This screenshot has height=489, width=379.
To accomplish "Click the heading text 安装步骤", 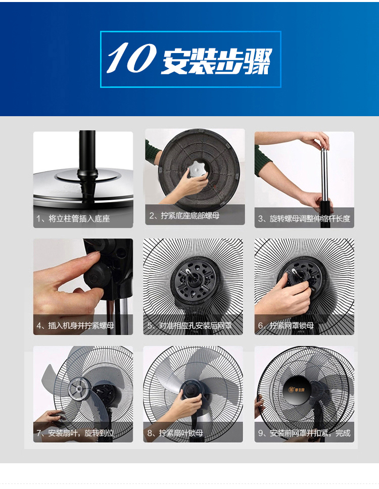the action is pyautogui.click(x=217, y=61).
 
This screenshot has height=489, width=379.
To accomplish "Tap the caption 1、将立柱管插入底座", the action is pyautogui.click(x=73, y=218).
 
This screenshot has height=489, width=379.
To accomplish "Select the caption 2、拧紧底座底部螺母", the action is pyautogui.click(x=184, y=216).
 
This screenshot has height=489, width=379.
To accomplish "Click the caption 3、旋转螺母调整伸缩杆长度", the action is pyautogui.click(x=304, y=218).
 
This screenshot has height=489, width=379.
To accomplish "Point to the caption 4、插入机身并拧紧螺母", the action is pyautogui.click(x=75, y=326).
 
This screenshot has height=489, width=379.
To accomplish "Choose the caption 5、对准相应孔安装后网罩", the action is pyautogui.click(x=189, y=326).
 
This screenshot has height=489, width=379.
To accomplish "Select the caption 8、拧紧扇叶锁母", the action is pyautogui.click(x=175, y=433).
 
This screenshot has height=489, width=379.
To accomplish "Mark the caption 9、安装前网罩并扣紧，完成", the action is pyautogui.click(x=304, y=433).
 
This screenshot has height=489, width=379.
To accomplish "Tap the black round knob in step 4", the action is pyautogui.click(x=98, y=276).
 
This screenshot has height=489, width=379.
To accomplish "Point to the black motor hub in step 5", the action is pyautogui.click(x=194, y=280).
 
